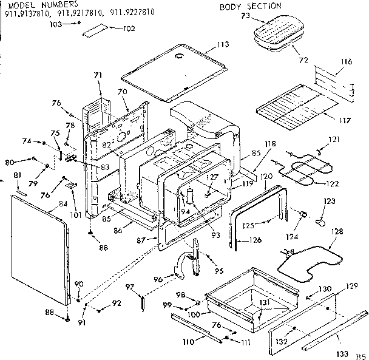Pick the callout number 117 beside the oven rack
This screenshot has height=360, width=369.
(x=344, y=120)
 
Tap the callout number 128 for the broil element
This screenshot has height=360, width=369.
(x=337, y=231)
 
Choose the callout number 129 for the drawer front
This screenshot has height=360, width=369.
(x=351, y=286)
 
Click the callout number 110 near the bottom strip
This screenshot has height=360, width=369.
(x=189, y=342)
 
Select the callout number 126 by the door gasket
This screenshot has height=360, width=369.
(x=256, y=240)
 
